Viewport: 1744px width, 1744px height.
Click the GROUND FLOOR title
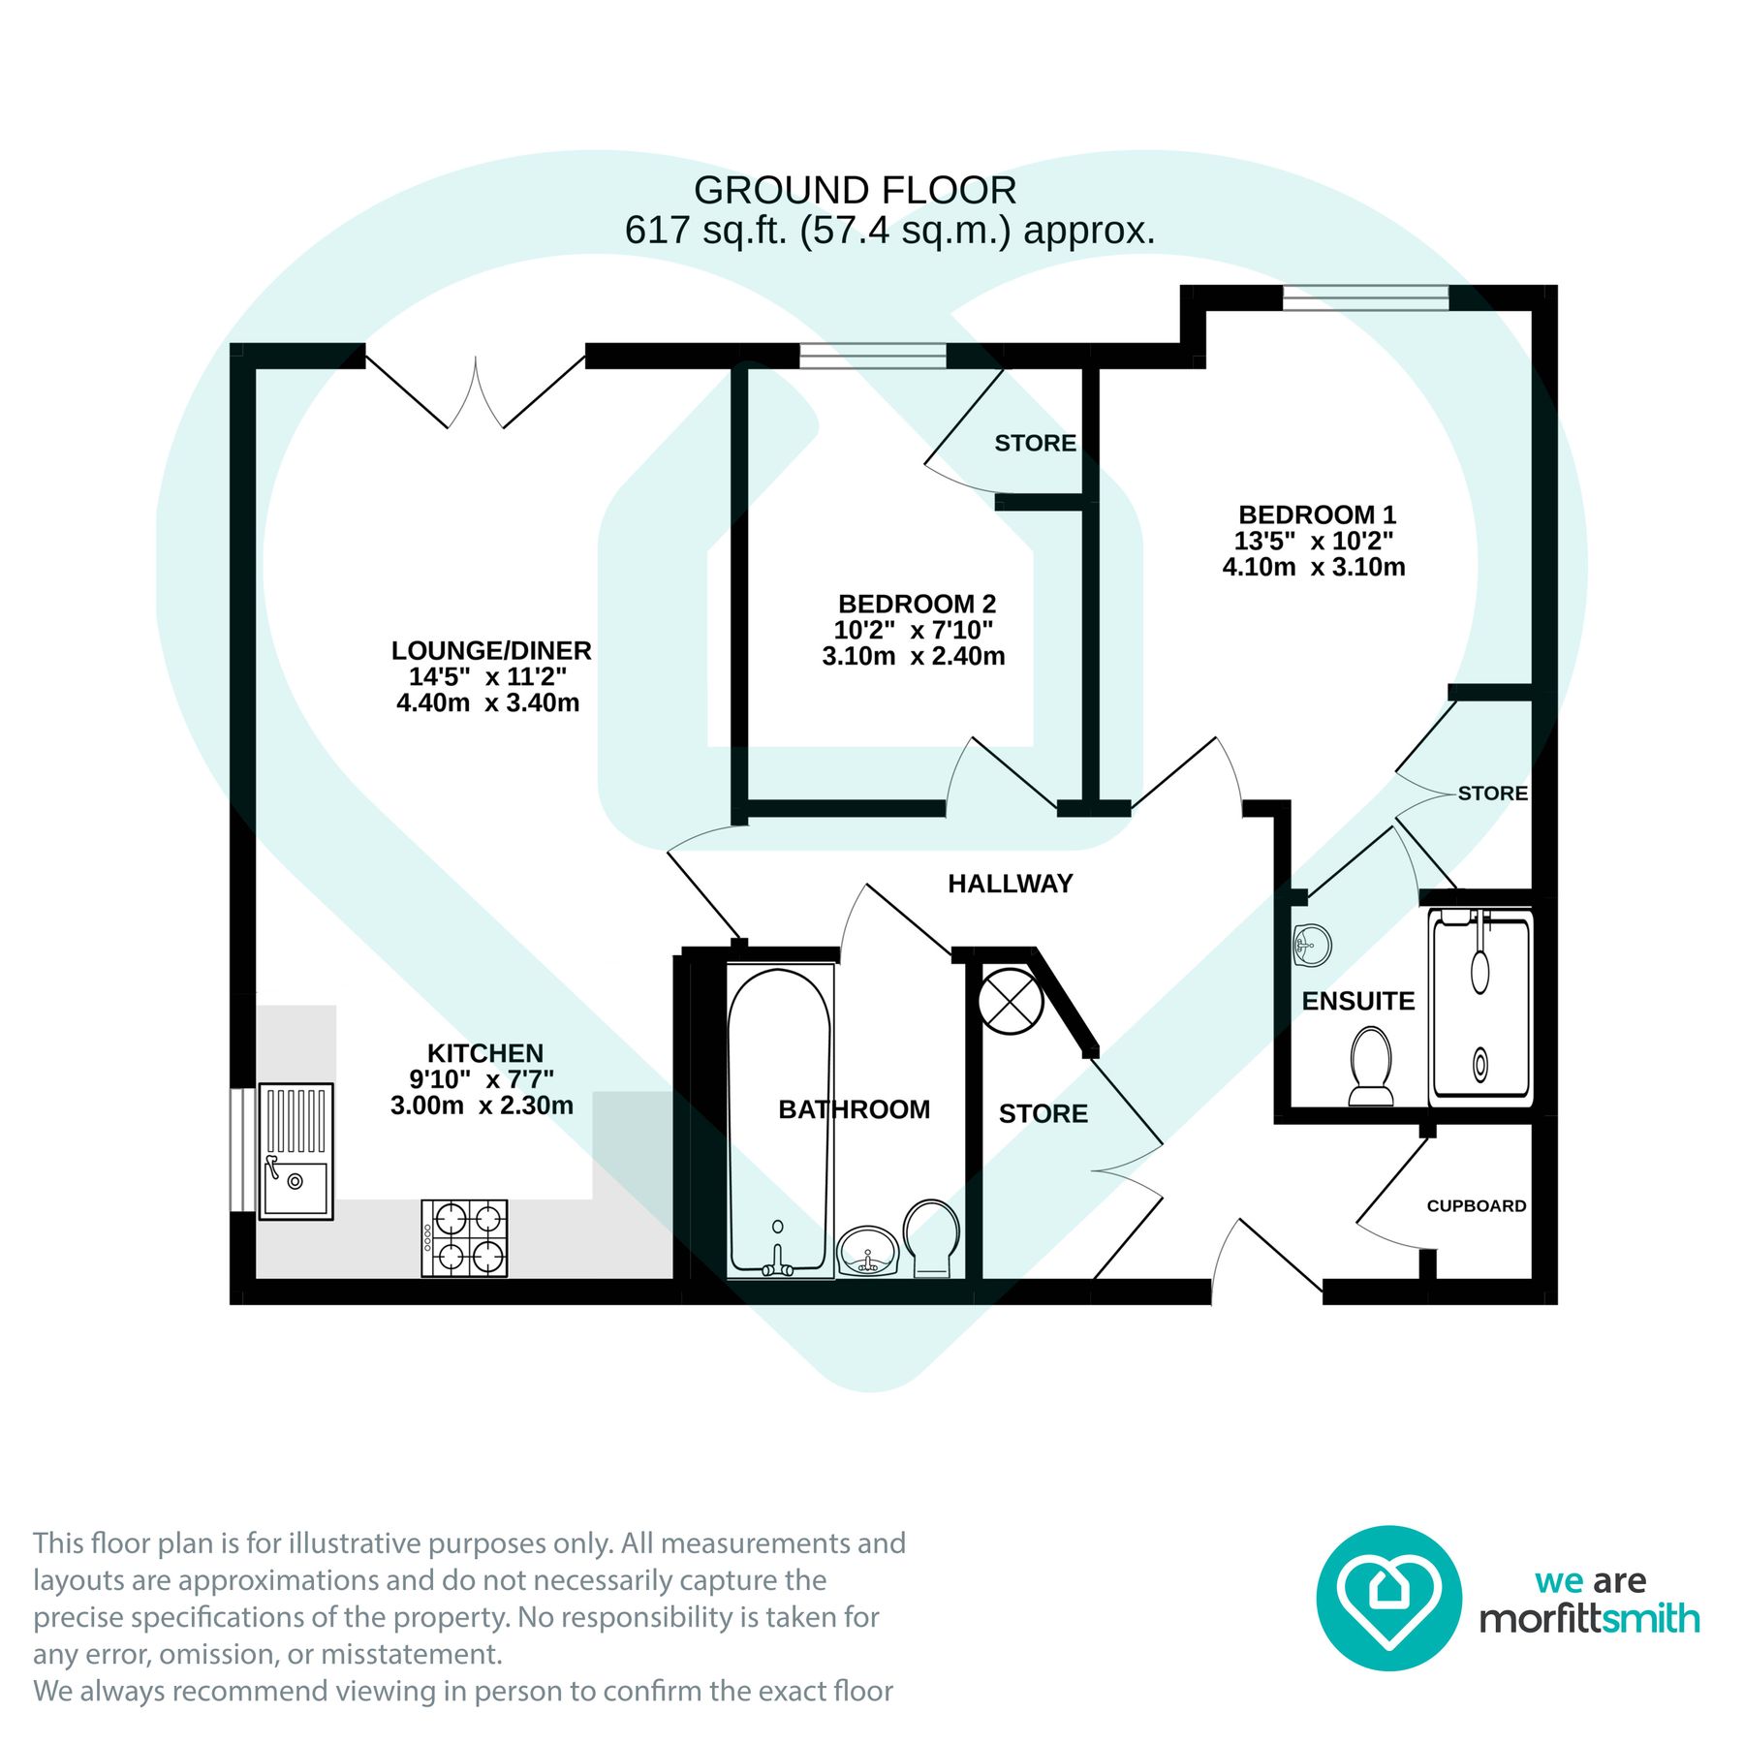point(855,190)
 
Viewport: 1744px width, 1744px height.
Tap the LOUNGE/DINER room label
point(490,650)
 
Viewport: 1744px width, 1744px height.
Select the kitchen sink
point(296,1150)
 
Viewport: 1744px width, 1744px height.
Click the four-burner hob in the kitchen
point(464,1237)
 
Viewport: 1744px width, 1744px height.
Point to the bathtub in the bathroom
point(779,1119)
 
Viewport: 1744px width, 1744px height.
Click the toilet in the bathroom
point(932,1237)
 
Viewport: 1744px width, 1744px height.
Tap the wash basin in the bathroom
point(868,1251)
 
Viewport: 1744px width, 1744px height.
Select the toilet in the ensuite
point(1370,1066)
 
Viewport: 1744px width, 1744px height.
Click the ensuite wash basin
point(1312,944)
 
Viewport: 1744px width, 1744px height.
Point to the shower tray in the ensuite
point(1479,1007)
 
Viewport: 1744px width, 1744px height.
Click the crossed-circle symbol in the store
point(1010,1001)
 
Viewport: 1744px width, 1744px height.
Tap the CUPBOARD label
point(1476,1205)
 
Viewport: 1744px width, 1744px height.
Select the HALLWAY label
point(1010,883)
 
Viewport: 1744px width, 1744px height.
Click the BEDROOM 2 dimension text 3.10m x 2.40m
point(913,656)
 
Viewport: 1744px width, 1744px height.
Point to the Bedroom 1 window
point(1365,297)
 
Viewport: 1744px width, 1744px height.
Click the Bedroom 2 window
point(872,356)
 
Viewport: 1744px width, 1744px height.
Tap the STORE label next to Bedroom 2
point(1035,443)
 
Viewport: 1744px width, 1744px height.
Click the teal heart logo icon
point(1388,1598)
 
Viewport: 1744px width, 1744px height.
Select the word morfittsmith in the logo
point(1589,1619)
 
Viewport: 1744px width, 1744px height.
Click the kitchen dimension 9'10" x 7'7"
point(482,1078)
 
